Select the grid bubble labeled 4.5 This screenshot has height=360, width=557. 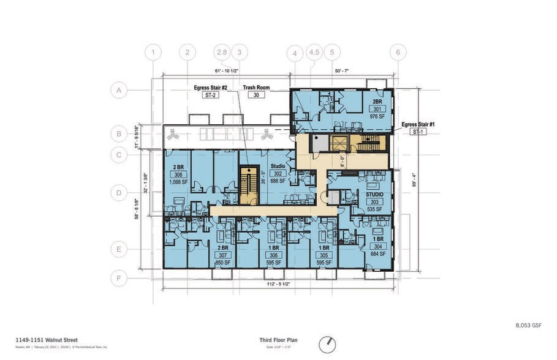314,52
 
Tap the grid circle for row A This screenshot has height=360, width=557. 119,91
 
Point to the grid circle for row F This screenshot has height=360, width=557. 119,278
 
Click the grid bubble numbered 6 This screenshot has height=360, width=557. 398,52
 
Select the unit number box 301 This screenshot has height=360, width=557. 373,108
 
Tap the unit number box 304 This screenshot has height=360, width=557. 377,246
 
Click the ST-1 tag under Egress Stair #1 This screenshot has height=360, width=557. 419,132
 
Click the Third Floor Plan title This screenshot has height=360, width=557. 279,340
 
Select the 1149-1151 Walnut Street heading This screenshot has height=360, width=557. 47,339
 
